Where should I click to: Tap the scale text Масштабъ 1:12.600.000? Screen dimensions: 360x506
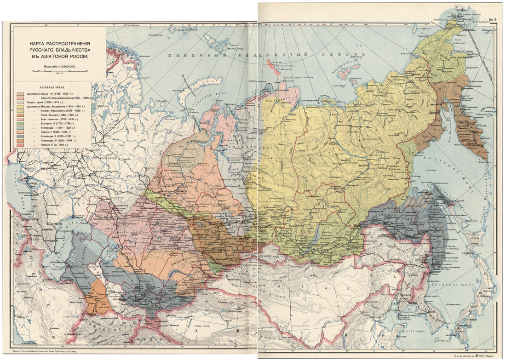(x=60, y=67)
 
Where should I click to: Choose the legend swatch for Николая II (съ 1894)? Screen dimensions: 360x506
(x=20, y=145)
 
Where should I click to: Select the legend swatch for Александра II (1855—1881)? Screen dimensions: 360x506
(x=20, y=135)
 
